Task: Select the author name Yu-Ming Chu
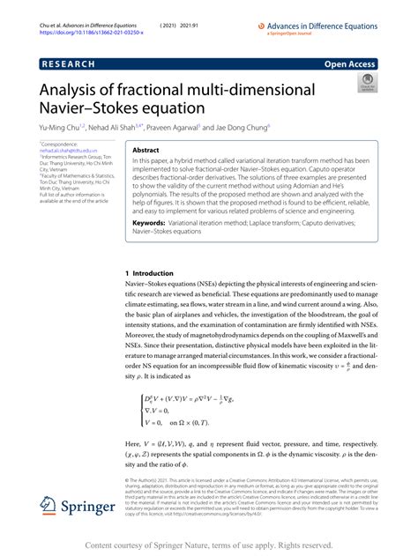pos(59,127)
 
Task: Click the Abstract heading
pos(146,151)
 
